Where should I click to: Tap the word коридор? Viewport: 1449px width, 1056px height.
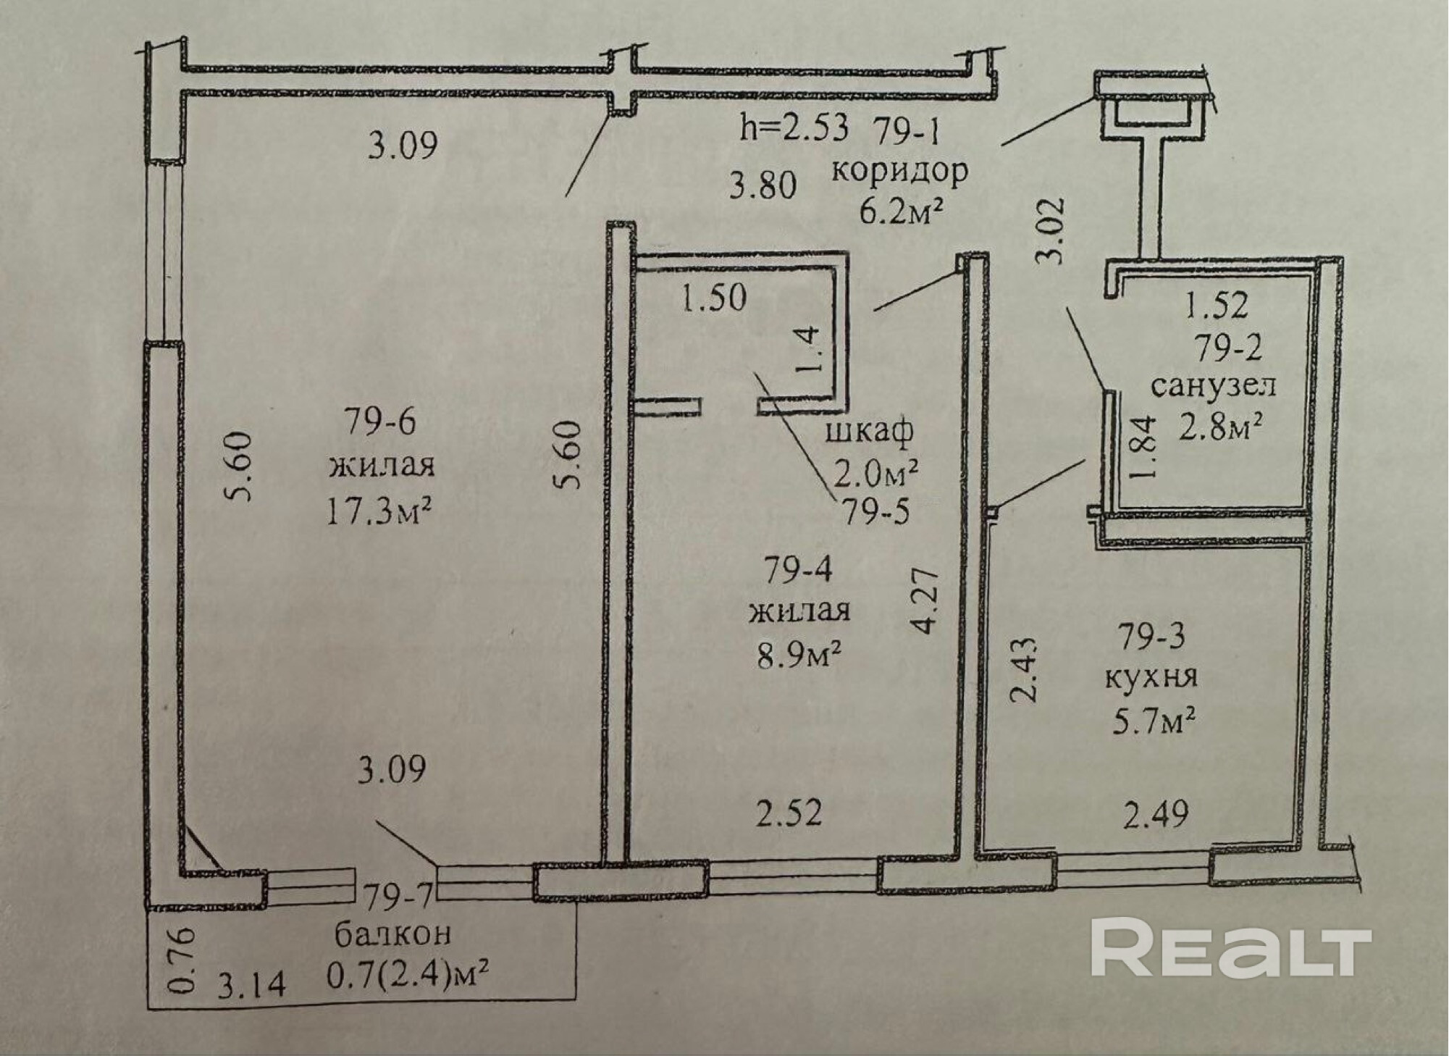899,172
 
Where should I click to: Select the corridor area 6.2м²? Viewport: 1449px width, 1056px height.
900,211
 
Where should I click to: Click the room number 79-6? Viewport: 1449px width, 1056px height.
379,422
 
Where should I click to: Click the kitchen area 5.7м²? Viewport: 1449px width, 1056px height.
1153,721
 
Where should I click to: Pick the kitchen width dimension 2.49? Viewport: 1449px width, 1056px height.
1156,814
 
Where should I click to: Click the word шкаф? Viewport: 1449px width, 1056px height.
869,432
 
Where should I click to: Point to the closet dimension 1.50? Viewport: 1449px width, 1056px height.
714,298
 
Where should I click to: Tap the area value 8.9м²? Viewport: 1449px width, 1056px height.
799,658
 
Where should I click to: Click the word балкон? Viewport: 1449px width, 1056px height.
392,934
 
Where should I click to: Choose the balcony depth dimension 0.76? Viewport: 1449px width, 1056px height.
185,959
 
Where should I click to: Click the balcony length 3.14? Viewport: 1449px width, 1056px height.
252,985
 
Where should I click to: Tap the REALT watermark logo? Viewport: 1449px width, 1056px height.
1231,948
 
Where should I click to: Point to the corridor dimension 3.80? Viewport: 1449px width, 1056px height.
763,185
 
